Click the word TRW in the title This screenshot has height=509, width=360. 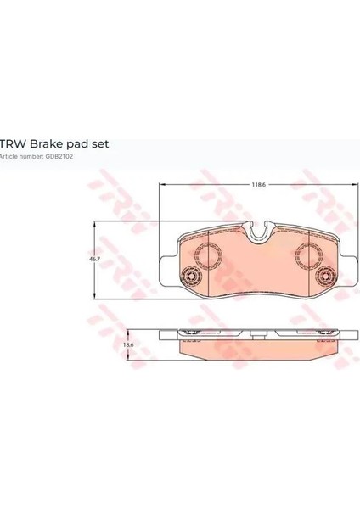[x=13, y=143]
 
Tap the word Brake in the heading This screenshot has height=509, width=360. [x=45, y=143]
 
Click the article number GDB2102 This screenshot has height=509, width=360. [x=59, y=156]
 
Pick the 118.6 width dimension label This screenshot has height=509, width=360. [x=259, y=184]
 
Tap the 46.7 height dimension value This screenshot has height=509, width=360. [x=94, y=259]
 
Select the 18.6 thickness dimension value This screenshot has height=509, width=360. [x=129, y=344]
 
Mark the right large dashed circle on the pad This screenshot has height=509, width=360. [x=309, y=255]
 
